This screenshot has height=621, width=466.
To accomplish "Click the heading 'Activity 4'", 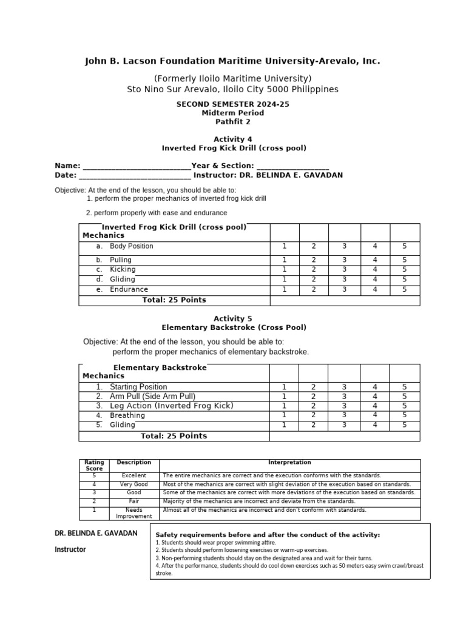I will click(233, 139).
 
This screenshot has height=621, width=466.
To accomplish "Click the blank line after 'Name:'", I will click(136, 167).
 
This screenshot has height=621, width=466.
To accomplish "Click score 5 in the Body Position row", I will click(404, 246).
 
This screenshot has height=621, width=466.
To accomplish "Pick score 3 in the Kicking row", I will click(344, 269).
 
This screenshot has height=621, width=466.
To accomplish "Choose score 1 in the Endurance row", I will click(284, 290).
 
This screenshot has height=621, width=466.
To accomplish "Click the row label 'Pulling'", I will click(120, 260).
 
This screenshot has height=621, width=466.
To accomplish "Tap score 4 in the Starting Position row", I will click(375, 387).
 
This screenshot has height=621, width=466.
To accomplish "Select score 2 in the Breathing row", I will click(314, 415).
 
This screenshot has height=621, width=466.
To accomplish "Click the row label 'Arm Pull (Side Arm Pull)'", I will click(152, 396).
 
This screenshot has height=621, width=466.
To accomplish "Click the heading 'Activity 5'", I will click(233, 318).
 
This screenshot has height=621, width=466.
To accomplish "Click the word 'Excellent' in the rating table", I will click(133, 476).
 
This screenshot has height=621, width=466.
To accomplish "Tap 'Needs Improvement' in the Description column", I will click(133, 513).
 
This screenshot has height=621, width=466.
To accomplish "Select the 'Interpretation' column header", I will click(289, 463).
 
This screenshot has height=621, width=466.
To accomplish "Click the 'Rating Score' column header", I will click(94, 465).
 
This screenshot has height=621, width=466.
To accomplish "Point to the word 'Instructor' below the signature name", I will click(70, 549).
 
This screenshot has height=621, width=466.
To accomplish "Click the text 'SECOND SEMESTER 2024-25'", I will click(233, 104).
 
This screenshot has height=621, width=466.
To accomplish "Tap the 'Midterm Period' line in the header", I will click(233, 113).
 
